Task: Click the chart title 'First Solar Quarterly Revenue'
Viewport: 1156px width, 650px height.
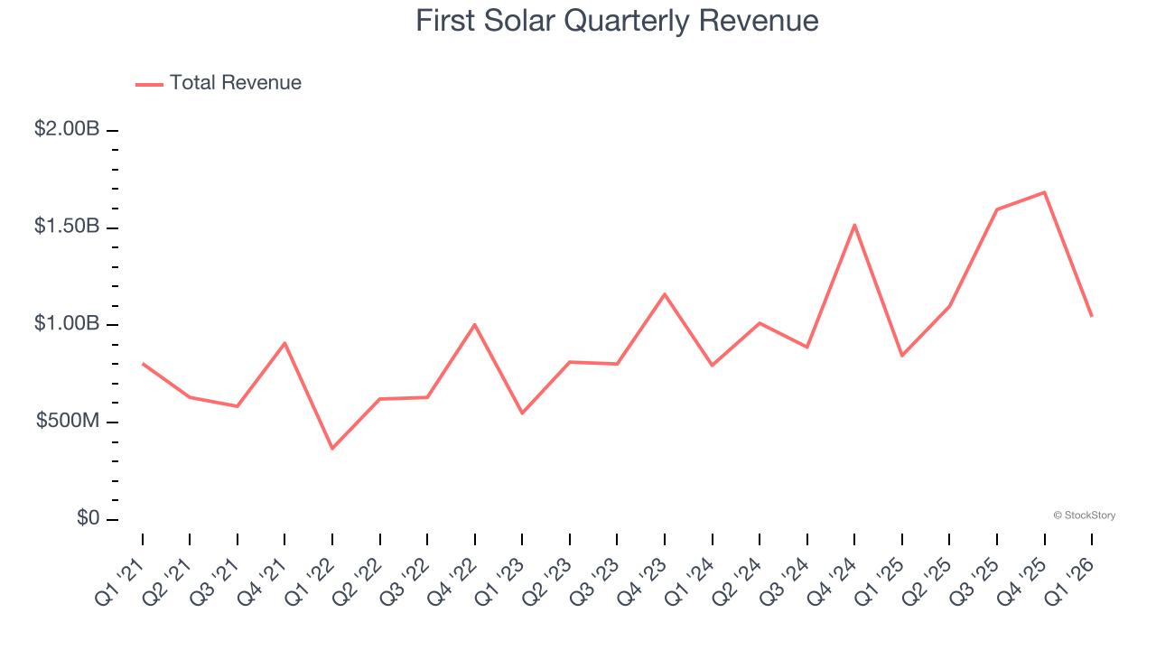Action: pyautogui.click(x=617, y=21)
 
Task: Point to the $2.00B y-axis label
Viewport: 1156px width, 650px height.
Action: pyautogui.click(x=67, y=129)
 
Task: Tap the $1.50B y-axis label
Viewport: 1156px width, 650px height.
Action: pyautogui.click(x=67, y=227)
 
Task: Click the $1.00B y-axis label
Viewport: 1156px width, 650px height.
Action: pyautogui.click(x=67, y=324)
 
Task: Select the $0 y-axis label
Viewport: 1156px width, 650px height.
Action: pyautogui.click(x=88, y=519)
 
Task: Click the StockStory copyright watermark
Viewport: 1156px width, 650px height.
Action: pyautogui.click(x=1084, y=515)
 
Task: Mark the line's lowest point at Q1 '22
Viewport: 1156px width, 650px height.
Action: pyautogui.click(x=332, y=448)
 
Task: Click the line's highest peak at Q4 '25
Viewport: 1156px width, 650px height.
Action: pyautogui.click(x=1044, y=192)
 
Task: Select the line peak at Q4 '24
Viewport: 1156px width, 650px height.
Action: pyautogui.click(x=854, y=225)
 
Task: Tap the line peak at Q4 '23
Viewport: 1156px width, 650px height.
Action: pyautogui.click(x=665, y=294)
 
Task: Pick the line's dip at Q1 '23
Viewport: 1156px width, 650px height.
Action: pyautogui.click(x=522, y=413)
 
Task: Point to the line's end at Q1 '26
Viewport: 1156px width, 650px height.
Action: pyautogui.click(x=1091, y=316)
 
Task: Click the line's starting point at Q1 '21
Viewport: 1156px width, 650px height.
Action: pyautogui.click(x=143, y=364)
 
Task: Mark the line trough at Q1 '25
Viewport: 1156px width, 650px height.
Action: pyautogui.click(x=901, y=356)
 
